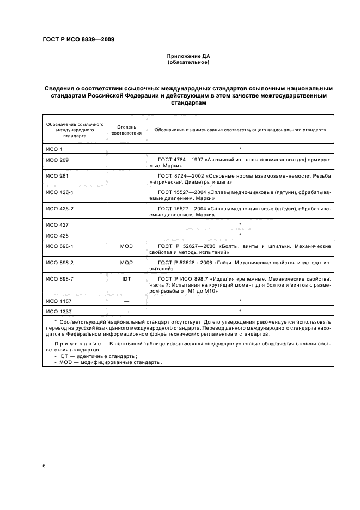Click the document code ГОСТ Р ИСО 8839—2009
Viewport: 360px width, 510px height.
point(78,39)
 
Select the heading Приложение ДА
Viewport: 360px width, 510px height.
point(188,56)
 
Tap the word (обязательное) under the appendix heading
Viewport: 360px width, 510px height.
point(188,62)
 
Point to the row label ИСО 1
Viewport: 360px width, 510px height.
point(54,149)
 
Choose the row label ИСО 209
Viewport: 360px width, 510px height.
point(57,161)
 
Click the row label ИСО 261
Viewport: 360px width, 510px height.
point(57,177)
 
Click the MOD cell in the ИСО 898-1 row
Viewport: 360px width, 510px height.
point(126,247)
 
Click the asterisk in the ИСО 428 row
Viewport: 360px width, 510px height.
point(240,235)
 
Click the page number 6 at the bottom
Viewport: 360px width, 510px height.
point(44,466)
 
